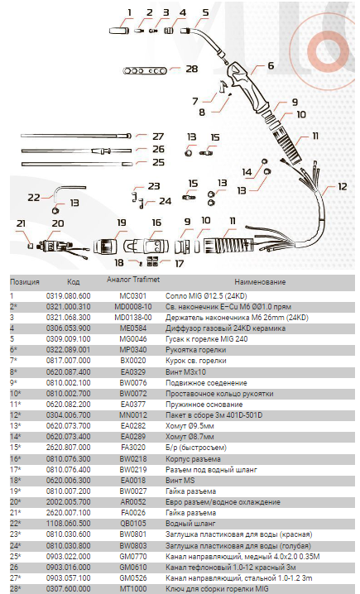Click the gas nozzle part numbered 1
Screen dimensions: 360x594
click(x=119, y=30)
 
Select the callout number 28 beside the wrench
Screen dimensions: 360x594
click(x=192, y=69)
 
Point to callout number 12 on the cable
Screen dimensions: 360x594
click(x=342, y=186)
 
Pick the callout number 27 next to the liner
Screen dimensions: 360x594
click(x=157, y=136)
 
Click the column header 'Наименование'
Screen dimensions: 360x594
click(x=260, y=282)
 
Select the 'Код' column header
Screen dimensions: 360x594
click(x=73, y=282)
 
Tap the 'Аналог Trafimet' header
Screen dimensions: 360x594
click(x=133, y=280)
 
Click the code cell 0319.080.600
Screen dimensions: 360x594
click(x=68, y=296)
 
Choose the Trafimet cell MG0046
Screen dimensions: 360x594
click(x=133, y=339)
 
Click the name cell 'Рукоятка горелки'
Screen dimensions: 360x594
click(x=195, y=350)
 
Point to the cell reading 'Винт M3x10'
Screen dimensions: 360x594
click(x=185, y=372)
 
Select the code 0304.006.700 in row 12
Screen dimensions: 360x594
click(x=68, y=415)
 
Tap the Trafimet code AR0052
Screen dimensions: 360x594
click(x=133, y=502)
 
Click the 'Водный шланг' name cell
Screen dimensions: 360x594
click(x=190, y=524)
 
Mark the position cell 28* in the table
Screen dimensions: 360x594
click(x=16, y=589)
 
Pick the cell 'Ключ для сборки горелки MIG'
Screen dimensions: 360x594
click(x=217, y=589)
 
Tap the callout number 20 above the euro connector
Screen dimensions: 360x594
click(x=58, y=223)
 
